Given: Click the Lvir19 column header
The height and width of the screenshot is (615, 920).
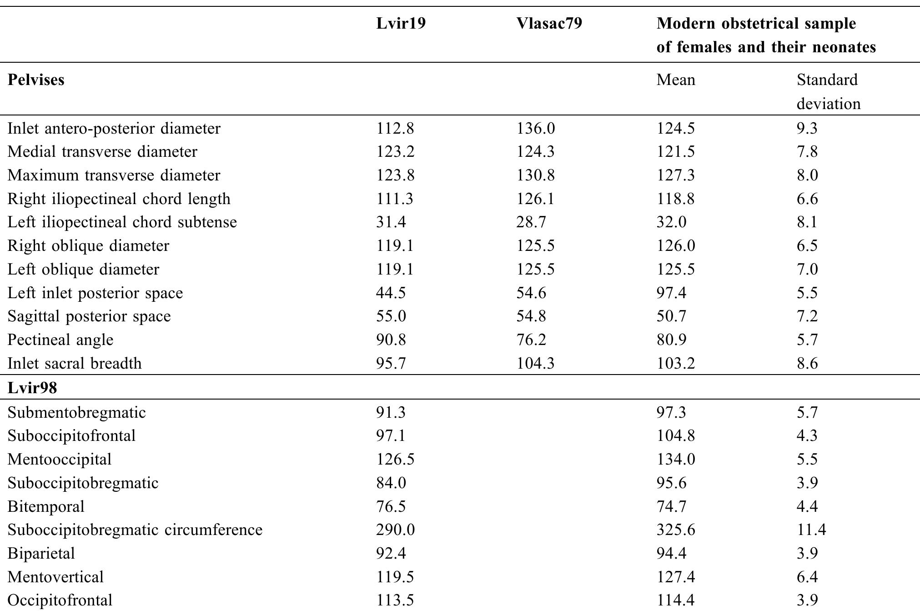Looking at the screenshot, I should point(401,24).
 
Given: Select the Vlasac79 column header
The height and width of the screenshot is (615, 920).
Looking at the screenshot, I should point(549,24).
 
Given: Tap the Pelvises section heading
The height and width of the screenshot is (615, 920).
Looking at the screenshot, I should point(36,80).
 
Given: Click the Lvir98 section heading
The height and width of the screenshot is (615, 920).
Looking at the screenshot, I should point(32,388).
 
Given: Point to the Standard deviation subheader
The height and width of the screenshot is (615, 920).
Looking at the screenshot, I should point(828,91).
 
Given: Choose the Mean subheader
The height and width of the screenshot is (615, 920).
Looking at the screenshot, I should point(675,80).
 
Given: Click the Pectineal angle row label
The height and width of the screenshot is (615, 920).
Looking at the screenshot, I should point(60,340).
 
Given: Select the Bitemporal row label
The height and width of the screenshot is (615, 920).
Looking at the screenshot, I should point(46,506).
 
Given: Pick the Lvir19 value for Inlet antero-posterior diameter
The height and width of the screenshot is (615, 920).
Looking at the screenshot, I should point(395,129).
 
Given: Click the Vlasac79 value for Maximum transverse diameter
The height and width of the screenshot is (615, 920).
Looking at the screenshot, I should point(535,175).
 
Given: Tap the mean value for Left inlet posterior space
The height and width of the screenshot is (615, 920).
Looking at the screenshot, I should point(671,293).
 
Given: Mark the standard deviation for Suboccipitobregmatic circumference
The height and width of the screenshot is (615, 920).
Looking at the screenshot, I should point(811,530).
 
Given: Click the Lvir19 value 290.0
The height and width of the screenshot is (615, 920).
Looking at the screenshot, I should point(395,530).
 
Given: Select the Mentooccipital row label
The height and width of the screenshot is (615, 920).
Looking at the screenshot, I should point(60,459).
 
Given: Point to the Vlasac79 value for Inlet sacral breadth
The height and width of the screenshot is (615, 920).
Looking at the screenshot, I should point(535,364).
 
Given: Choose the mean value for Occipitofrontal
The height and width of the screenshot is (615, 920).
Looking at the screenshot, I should point(675,600).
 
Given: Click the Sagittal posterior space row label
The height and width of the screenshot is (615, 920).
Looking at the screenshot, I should point(89,316).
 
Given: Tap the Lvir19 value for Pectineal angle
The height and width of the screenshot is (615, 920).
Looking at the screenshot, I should point(391,340).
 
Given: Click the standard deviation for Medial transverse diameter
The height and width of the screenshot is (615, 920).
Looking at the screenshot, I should point(807,152).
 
